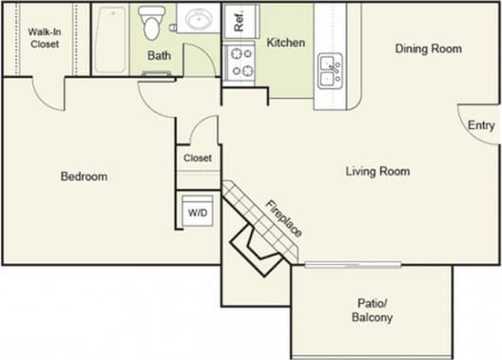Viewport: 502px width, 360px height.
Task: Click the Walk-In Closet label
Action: point(43,37)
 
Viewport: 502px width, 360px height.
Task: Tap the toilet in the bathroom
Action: point(152,23)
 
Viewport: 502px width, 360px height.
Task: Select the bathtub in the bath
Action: point(110,39)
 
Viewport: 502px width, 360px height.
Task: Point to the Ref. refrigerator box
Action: point(241,22)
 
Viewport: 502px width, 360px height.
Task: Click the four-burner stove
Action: point(241,62)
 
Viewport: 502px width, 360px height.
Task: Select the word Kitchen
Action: point(285,43)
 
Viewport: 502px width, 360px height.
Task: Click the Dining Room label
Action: point(428,48)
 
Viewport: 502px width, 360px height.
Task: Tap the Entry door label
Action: point(481,125)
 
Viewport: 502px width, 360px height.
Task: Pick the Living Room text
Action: point(377,171)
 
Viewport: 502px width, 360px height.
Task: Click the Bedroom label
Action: point(84,176)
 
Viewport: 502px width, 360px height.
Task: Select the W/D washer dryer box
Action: point(198,213)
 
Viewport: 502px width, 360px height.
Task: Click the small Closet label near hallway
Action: point(198,158)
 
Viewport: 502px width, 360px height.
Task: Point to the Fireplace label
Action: point(284,218)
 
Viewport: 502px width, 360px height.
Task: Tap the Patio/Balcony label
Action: point(372,311)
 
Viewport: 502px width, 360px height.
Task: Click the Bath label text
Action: point(159,55)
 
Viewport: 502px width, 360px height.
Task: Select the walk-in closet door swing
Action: point(47,93)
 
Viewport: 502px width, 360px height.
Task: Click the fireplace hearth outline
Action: point(256,248)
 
